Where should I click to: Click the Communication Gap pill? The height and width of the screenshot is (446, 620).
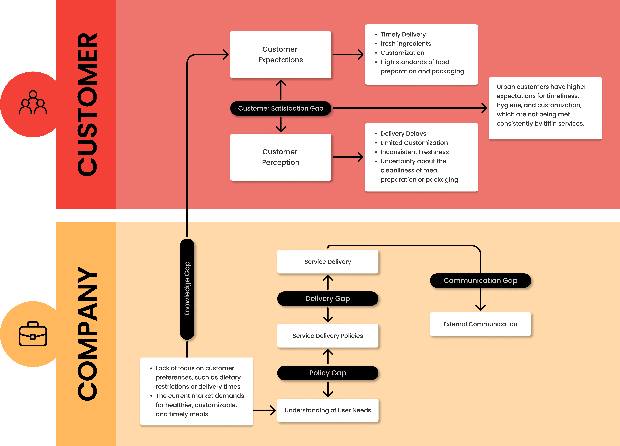pos(480,280)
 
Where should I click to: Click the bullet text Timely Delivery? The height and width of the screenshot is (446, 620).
pos(403,34)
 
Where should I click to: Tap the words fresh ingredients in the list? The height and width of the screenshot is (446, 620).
pos(406,44)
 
